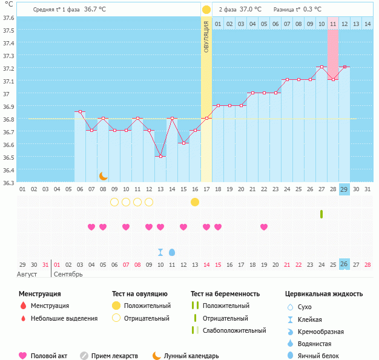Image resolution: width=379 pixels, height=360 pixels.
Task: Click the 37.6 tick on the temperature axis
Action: (x=8, y=18)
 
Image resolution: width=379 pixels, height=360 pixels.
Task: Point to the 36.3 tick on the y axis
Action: (x=8, y=182)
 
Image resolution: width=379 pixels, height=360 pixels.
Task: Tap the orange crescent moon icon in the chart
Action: (x=104, y=176)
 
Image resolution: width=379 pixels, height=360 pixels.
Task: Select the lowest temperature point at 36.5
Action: (x=160, y=156)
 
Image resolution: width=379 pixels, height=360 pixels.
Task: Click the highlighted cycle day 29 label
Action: (x=344, y=189)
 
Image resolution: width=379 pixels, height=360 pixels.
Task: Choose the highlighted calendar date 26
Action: (x=344, y=264)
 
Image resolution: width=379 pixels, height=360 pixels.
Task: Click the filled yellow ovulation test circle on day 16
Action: (x=195, y=201)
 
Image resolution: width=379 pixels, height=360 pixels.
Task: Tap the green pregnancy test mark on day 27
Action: (x=321, y=214)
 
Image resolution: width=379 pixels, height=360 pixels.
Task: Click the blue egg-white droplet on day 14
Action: (x=172, y=252)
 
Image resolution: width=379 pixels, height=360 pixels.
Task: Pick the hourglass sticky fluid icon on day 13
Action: (x=160, y=252)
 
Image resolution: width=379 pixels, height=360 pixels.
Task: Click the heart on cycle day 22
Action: (x=264, y=227)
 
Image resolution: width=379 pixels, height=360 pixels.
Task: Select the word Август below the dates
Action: (x=27, y=274)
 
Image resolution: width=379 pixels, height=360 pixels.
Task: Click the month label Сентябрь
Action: (x=68, y=274)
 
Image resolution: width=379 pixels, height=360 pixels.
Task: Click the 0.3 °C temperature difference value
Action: (x=313, y=10)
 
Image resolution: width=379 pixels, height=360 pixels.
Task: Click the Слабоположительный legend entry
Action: (x=234, y=330)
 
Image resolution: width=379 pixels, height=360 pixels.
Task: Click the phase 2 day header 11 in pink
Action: (x=333, y=24)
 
